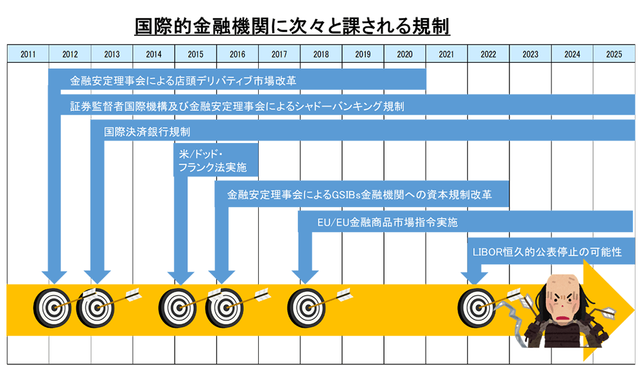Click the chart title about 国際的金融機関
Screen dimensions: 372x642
point(292,27)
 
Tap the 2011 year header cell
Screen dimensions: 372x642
point(28,54)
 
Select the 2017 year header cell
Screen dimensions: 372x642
point(279,54)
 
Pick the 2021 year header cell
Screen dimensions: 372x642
point(447,54)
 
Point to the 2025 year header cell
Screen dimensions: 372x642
point(614,54)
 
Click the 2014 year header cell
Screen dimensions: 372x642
point(153,54)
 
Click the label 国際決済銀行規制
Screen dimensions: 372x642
point(147,131)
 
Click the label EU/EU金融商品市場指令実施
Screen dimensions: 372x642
point(388,222)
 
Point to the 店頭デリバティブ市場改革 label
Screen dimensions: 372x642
point(183,81)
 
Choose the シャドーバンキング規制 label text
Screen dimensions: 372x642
point(238,106)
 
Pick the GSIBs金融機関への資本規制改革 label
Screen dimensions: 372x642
point(360,194)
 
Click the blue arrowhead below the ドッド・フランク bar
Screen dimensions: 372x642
point(182,278)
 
